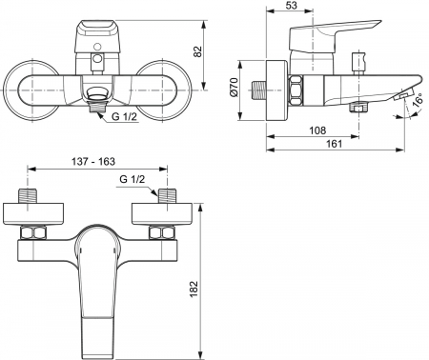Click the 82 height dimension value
pyautogui.click(x=197, y=51)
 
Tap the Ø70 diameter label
pyautogui.click(x=235, y=87)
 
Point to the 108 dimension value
pyautogui.click(x=317, y=130)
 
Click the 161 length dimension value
pyautogui.click(x=335, y=144)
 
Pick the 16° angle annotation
pyautogui.click(x=419, y=99)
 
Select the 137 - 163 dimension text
pyautogui.click(x=92, y=161)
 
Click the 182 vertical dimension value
pyautogui.click(x=194, y=289)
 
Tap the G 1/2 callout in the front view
pyautogui.click(x=124, y=116)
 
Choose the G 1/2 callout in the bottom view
pyautogui.click(x=133, y=179)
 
